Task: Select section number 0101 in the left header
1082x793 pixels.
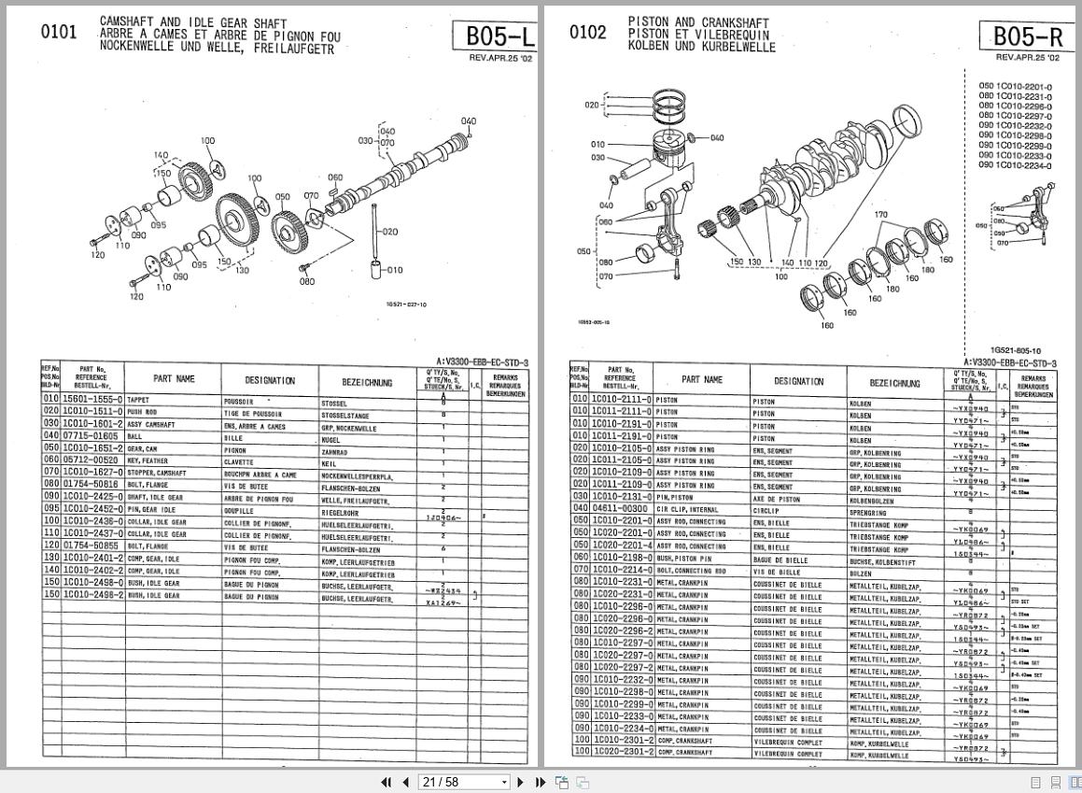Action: click(59, 32)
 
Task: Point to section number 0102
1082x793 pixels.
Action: click(587, 32)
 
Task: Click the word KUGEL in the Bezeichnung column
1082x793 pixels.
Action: click(332, 435)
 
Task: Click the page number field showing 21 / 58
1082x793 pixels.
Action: click(463, 782)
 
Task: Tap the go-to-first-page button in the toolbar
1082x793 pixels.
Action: click(386, 782)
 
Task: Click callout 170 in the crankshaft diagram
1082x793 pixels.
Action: click(880, 215)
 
